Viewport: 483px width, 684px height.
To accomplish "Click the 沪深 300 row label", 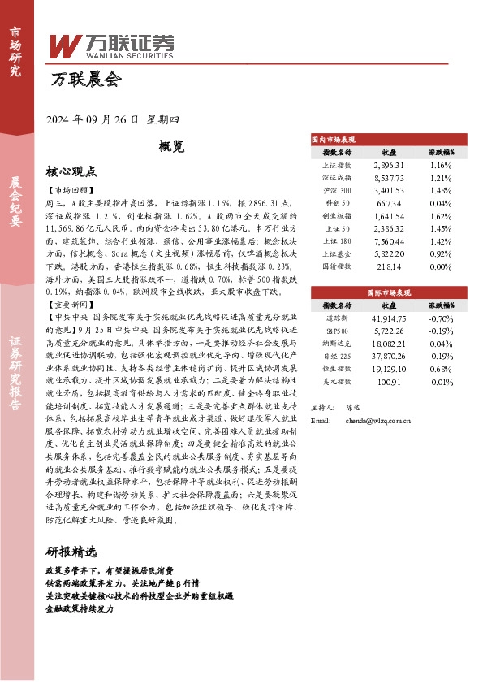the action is [337, 191].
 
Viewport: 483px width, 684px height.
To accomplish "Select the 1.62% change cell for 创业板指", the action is [441, 217].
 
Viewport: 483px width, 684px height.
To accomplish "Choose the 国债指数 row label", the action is [337, 266].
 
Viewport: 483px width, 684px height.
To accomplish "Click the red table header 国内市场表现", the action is [333, 140].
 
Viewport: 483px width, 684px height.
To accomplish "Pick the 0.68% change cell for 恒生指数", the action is [441, 370].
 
